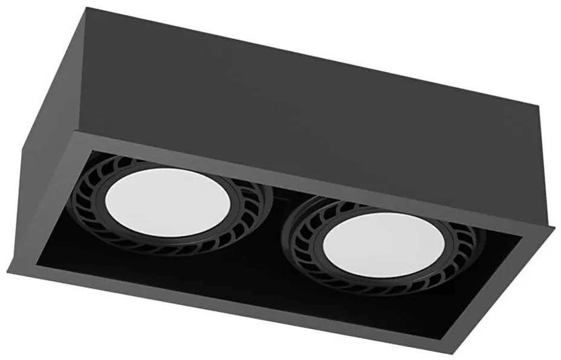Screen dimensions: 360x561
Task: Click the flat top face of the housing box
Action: pyautogui.click(x=290, y=91)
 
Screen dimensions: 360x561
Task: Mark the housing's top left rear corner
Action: pyautogui.click(x=85, y=7)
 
